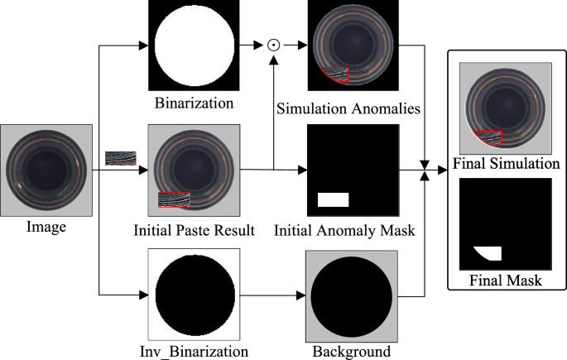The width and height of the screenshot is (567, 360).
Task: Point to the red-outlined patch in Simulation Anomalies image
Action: tap(335, 75)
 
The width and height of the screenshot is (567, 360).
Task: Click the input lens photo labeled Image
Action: tap(46, 170)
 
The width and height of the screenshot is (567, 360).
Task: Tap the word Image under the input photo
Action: tap(46, 226)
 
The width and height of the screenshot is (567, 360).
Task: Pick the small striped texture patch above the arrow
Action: tap(119, 157)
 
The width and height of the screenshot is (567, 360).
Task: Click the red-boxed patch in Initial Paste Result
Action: tap(174, 199)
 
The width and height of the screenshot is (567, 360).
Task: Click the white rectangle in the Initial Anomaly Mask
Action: tap(334, 199)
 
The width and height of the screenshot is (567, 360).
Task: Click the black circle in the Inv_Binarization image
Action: tap(194, 294)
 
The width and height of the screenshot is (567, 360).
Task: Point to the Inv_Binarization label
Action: tap(194, 351)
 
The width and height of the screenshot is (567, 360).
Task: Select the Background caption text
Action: tap(352, 351)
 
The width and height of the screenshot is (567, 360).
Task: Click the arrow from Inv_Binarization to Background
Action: tap(272, 294)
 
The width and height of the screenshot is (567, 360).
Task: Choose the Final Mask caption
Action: tap(505, 281)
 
